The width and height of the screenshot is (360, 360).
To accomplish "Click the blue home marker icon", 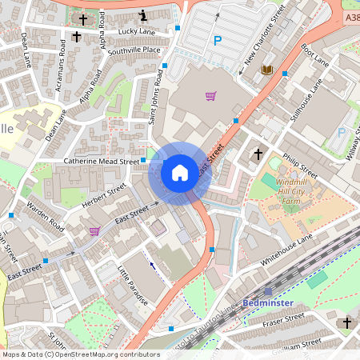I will tap(180, 172).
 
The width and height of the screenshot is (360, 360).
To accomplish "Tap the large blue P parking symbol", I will tap(216, 41).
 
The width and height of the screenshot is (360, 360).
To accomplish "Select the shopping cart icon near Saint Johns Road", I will tap(210, 96).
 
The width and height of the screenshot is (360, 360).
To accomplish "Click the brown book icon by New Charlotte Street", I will tap(267, 70).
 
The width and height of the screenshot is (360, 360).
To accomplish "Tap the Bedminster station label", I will tap(269, 303).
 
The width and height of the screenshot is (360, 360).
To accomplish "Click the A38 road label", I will tap(350, 16).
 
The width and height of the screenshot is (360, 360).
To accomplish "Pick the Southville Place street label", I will tap(134, 50).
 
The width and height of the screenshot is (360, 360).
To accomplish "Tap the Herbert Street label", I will tap(105, 196).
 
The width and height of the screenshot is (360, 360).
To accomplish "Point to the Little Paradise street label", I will tap(133, 285).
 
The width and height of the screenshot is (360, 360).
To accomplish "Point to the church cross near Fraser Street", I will tap(346, 322).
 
